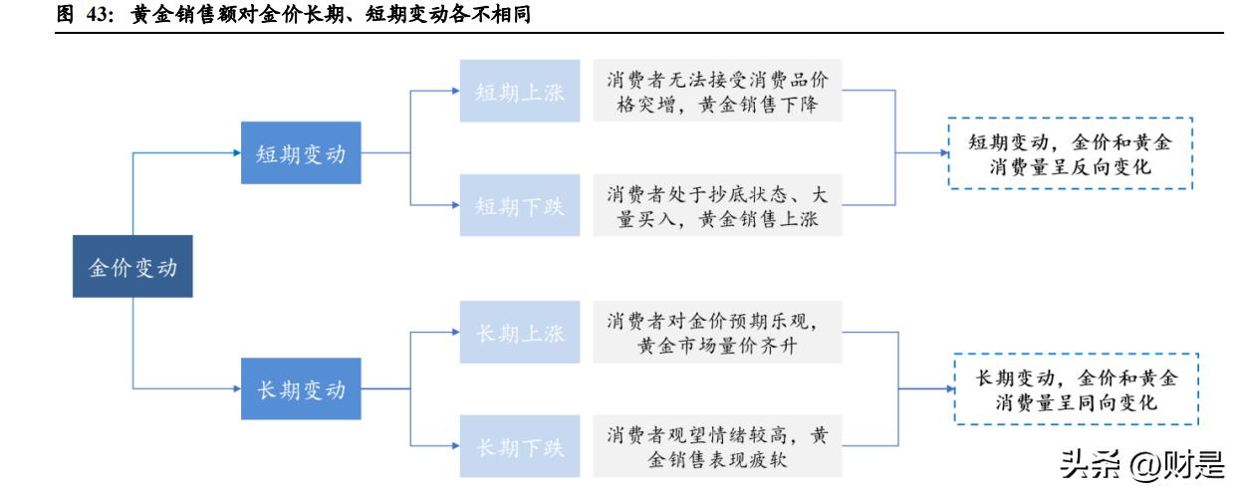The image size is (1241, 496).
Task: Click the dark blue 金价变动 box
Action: click(x=132, y=267)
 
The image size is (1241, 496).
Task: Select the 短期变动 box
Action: click(x=301, y=153)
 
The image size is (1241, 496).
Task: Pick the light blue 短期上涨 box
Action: click(x=519, y=92)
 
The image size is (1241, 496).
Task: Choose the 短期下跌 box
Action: click(x=519, y=205)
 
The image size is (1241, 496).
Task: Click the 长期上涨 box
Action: click(x=519, y=332)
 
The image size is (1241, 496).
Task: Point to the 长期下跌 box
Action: click(x=519, y=445)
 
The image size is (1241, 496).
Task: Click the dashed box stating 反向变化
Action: click(x=1071, y=153)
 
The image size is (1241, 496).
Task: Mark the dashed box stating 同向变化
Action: click(x=1075, y=389)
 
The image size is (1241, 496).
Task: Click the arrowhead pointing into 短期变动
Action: click(x=235, y=153)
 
